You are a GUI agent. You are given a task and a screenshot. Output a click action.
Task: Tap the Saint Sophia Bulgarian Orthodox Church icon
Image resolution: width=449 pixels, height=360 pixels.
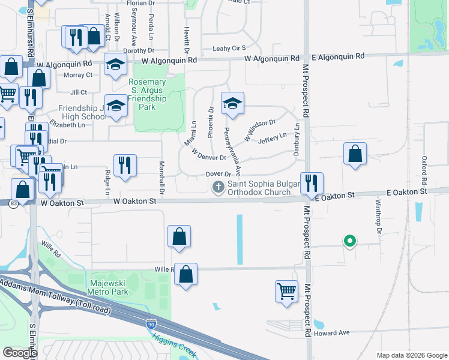pyautogui.click(x=220, y=188)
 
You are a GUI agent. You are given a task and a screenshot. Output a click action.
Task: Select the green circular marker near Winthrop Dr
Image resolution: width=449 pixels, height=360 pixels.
pyautogui.click(x=349, y=241)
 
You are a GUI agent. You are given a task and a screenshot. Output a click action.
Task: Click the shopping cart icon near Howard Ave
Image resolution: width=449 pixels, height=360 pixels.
pyautogui.click(x=286, y=292)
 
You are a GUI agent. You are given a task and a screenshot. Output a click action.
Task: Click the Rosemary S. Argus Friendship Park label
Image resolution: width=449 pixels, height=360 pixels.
pyautogui.click(x=146, y=94)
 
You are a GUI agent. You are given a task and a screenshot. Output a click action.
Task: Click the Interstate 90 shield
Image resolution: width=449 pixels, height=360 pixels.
pyautogui.click(x=151, y=325)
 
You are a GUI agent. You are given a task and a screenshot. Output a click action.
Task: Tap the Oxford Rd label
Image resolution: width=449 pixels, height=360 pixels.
pyautogui.click(x=424, y=170)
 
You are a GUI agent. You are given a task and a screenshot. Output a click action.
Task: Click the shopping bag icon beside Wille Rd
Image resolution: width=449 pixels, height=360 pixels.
pyautogui.click(x=186, y=274)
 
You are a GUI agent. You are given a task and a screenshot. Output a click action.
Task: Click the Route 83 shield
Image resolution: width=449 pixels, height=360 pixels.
pyautogui.click(x=21, y=202)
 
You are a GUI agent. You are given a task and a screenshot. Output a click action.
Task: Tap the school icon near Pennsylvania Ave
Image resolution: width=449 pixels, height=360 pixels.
pyautogui.click(x=232, y=104)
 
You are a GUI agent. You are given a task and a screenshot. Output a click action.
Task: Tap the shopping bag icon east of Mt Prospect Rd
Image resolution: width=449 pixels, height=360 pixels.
pyautogui.click(x=355, y=154)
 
